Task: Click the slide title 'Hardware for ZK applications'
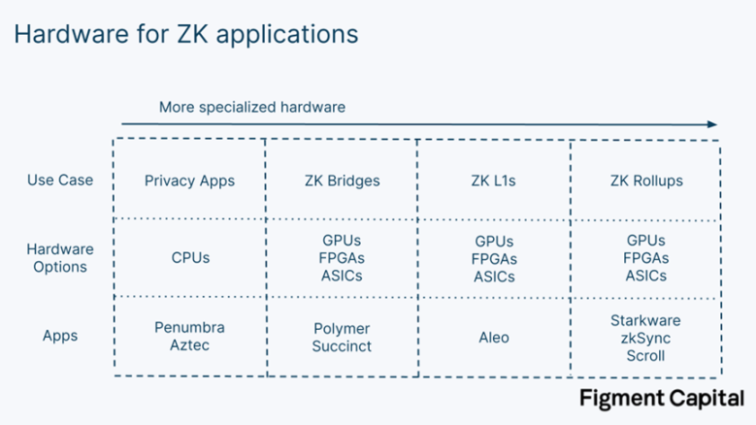(x=185, y=34)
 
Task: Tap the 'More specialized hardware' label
(x=252, y=107)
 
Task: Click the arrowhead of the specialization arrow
(x=712, y=124)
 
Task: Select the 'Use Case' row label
(x=59, y=180)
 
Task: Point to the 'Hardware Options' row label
(x=59, y=258)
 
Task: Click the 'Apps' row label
(x=59, y=336)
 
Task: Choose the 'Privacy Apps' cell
(x=189, y=180)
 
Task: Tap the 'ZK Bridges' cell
(x=342, y=180)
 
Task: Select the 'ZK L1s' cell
(x=494, y=180)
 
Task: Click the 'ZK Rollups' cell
(x=646, y=180)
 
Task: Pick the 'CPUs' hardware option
(x=189, y=258)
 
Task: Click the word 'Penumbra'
(x=189, y=328)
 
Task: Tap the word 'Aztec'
(x=189, y=345)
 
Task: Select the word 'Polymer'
(x=342, y=328)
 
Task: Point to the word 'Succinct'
(x=342, y=345)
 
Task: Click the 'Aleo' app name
(x=494, y=337)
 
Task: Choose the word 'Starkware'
(x=646, y=320)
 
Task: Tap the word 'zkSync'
(x=646, y=338)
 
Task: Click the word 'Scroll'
(x=646, y=354)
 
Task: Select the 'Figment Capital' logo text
(x=661, y=398)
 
